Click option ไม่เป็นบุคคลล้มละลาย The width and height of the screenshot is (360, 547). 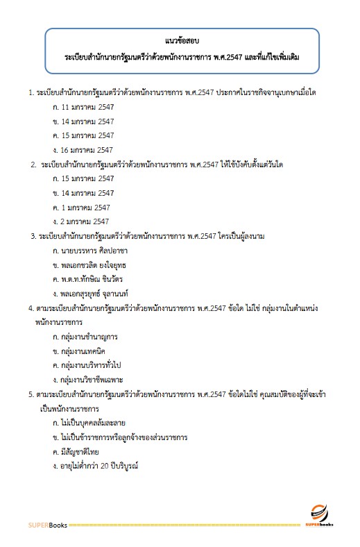93,423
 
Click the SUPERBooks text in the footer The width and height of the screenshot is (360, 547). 48,525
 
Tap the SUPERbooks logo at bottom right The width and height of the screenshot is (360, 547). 320,517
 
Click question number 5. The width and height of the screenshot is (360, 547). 31,394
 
